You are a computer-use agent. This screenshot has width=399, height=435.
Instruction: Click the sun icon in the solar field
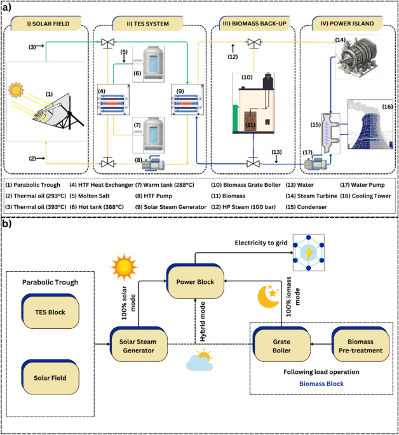(16, 90)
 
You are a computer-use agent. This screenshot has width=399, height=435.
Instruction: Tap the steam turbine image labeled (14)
(358, 57)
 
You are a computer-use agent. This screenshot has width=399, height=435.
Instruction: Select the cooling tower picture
(370, 124)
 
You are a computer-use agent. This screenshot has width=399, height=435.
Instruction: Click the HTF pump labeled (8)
(153, 164)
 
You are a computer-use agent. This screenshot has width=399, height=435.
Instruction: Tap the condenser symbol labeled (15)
(331, 133)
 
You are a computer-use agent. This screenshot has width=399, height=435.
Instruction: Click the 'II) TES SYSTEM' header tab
(147, 23)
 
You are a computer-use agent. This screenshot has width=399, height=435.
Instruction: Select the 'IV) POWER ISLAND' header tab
(347, 23)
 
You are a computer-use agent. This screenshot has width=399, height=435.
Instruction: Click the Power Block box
(195, 281)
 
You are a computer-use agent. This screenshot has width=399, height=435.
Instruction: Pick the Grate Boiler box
(281, 345)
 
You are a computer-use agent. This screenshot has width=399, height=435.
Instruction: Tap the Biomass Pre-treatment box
(360, 345)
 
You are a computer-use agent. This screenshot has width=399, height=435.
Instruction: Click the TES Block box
(50, 312)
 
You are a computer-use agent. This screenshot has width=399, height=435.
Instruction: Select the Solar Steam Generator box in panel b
(139, 345)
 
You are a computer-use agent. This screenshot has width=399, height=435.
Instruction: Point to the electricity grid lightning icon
(309, 253)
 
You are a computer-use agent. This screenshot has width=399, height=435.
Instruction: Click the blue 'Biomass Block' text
(321, 384)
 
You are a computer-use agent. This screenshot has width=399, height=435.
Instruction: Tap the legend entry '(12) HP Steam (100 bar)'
(243, 207)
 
